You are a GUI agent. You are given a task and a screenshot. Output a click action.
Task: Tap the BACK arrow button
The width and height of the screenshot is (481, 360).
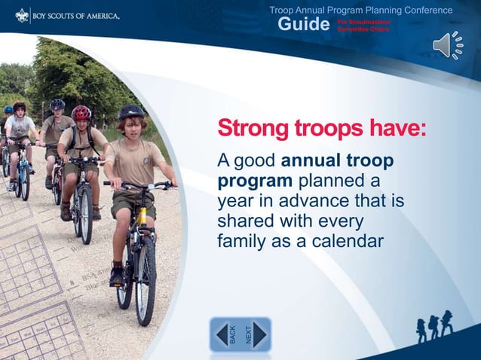[x=225, y=334]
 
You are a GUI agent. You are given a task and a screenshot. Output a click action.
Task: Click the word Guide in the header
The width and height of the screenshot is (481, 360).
[x=304, y=25]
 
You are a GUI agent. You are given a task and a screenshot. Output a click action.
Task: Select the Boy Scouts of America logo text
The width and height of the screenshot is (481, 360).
[x=76, y=15]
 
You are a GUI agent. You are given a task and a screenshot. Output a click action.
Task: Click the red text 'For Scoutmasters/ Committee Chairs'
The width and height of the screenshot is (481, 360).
[x=363, y=26]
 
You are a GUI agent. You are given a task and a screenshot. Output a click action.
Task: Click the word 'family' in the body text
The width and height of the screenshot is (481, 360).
[x=240, y=242]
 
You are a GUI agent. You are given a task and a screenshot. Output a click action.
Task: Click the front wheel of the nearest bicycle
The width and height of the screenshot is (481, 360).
[x=145, y=278]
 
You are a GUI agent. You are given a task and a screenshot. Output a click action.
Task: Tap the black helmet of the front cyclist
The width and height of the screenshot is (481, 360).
[x=131, y=111]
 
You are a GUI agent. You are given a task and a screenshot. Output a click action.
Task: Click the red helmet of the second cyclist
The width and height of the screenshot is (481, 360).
[x=81, y=112]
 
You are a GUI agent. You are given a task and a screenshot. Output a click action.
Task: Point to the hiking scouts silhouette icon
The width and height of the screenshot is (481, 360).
[x=435, y=325]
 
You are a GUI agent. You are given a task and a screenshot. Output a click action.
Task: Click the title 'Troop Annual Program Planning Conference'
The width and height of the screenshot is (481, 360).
[x=361, y=10]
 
